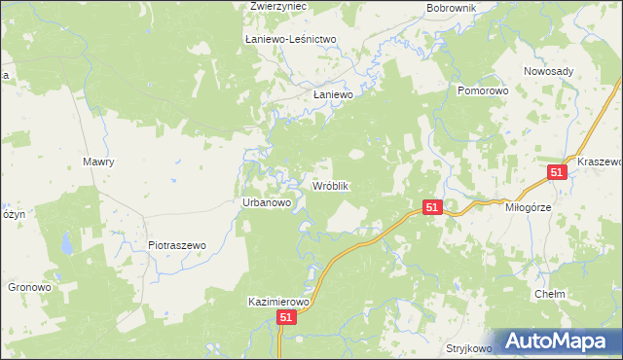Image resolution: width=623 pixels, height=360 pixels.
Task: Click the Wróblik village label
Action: (330, 185)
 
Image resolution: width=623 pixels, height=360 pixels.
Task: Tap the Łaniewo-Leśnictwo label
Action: (290, 39)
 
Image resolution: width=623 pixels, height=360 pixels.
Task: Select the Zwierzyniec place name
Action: (278, 6)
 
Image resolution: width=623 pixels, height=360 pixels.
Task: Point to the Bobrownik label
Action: (450, 8)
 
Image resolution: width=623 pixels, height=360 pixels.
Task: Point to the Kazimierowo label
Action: (278, 303)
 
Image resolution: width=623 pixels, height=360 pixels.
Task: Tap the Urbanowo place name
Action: (267, 202)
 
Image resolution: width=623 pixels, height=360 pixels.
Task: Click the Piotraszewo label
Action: (177, 245)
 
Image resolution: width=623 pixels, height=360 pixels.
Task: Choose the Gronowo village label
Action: (29, 287)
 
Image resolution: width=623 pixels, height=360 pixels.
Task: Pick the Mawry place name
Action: (99, 162)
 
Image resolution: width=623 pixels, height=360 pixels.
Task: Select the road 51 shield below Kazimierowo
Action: (286, 318)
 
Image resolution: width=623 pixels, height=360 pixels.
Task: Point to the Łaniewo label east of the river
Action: (332, 95)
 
